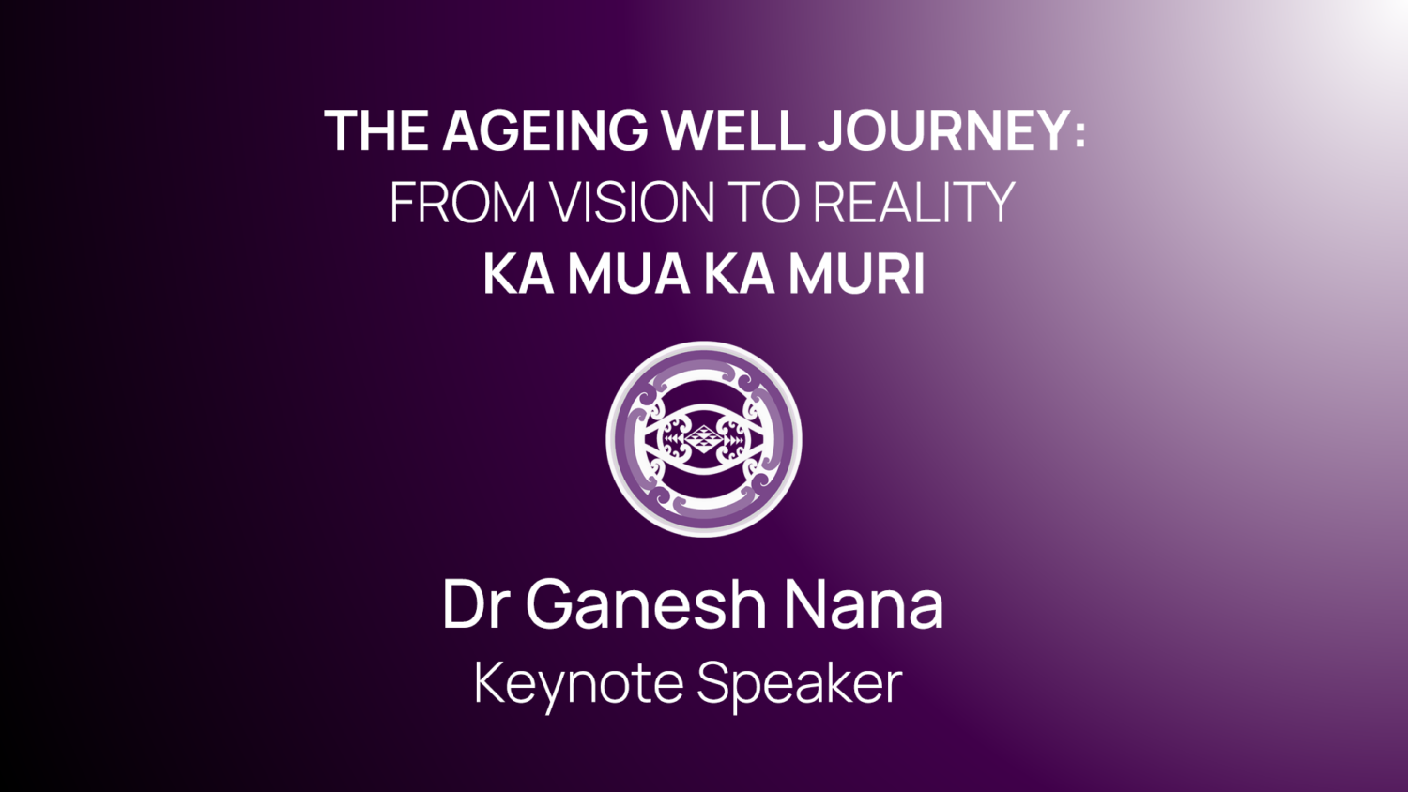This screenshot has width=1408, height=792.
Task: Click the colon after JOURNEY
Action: coord(1079,134)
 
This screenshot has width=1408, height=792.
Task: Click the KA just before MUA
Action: coord(518,274)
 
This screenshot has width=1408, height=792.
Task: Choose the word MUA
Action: coord(629,274)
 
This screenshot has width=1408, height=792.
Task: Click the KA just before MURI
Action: coord(740,274)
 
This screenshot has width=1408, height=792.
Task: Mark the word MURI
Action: coord(857,274)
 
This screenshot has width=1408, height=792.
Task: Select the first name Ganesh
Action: coord(647,603)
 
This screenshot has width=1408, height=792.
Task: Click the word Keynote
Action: coord(579,686)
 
